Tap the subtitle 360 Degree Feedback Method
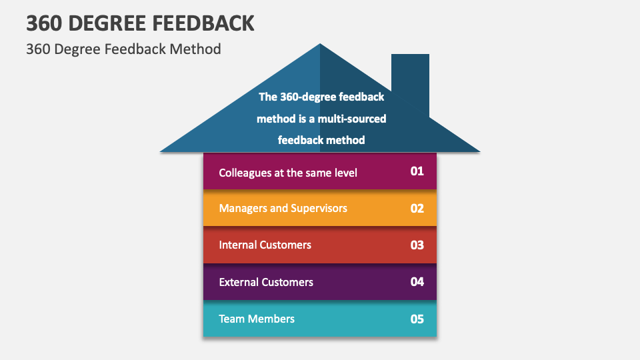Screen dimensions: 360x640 (x=123, y=49)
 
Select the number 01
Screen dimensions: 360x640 (x=417, y=171)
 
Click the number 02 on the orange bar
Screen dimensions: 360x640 (x=417, y=208)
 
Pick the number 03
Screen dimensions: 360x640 (x=417, y=245)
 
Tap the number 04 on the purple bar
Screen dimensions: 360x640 (x=417, y=282)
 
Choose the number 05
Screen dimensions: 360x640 (x=417, y=319)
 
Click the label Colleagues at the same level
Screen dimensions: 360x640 (x=288, y=173)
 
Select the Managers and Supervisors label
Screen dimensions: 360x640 (x=283, y=208)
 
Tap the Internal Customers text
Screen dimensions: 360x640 (x=265, y=245)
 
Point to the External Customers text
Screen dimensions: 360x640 (x=266, y=282)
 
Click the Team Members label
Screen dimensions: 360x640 (x=257, y=319)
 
